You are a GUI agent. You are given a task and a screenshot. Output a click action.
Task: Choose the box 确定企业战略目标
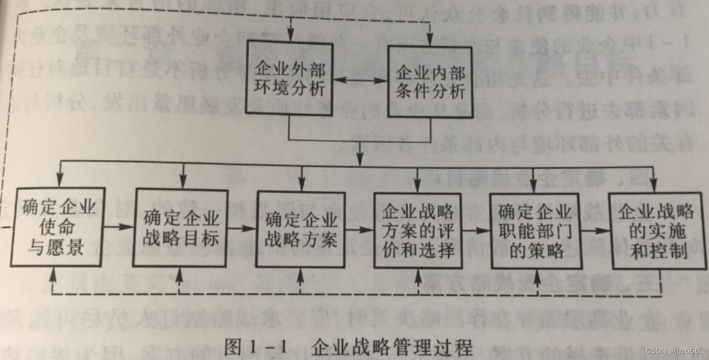[181, 228]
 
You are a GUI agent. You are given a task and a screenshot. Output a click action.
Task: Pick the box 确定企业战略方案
[301, 228]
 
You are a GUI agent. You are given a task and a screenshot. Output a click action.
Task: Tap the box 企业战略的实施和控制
[657, 231]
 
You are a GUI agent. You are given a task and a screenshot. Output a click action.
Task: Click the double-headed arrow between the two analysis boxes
[359, 81]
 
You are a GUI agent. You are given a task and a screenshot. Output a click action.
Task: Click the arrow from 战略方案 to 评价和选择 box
[359, 230]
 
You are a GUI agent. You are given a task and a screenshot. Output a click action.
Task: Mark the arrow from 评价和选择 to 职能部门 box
[476, 231]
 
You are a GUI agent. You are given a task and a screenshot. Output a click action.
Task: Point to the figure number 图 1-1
[255, 348]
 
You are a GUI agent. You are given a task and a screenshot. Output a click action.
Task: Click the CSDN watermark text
[673, 351]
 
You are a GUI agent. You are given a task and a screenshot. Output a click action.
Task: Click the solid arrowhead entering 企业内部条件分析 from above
[430, 37]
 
